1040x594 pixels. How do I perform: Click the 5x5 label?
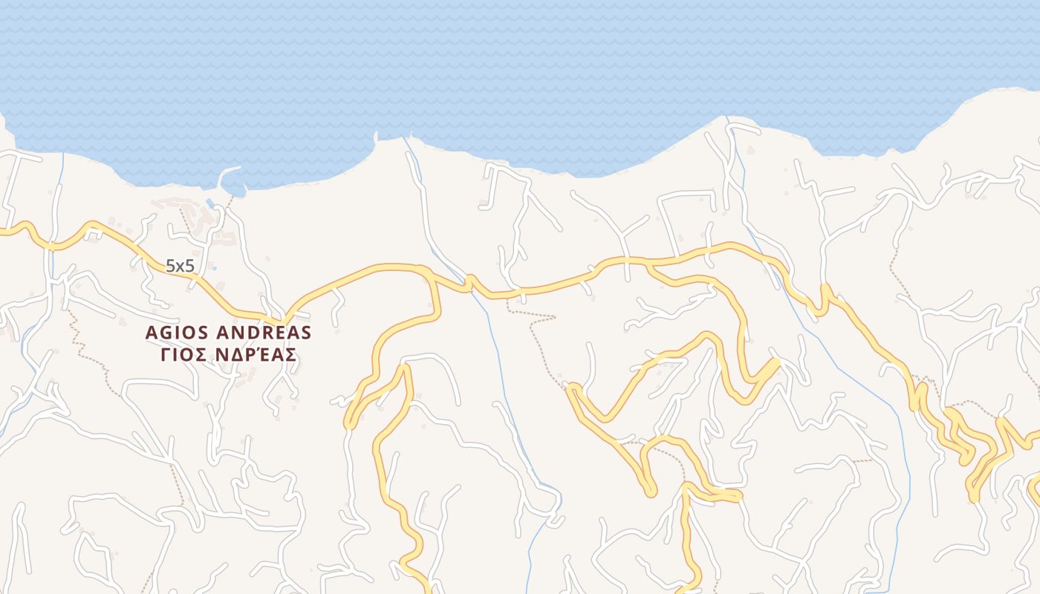click(179, 266)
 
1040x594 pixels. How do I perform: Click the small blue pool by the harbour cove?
click(209, 202)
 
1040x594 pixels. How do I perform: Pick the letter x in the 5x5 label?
click(179, 267)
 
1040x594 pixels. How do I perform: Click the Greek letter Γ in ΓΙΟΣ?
click(166, 355)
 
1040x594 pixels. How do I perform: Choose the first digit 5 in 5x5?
click(170, 266)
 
